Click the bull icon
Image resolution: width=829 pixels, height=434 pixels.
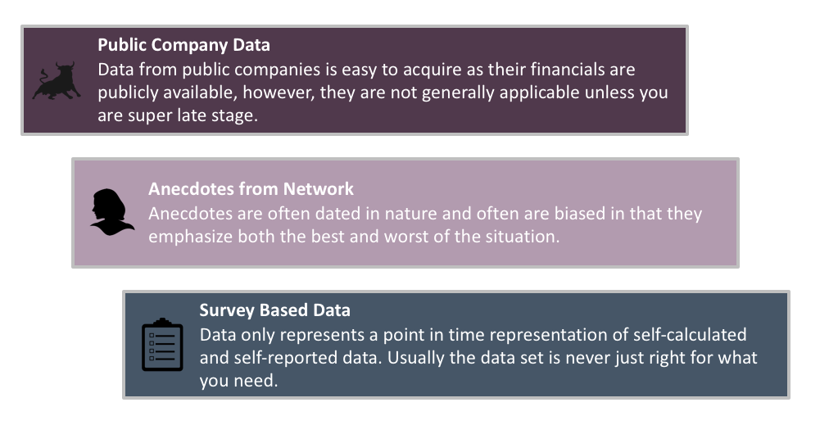[x=57, y=81]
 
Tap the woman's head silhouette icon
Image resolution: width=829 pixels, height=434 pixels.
[x=111, y=212]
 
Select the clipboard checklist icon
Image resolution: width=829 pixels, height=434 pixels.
[x=162, y=344]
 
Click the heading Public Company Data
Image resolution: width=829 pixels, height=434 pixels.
[x=184, y=45]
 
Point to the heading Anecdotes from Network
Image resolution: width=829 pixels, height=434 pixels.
[x=251, y=188]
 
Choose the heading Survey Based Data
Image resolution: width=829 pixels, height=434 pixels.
[x=275, y=310]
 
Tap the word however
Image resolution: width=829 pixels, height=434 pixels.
[x=278, y=93]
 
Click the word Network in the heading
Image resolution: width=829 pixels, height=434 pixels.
[x=319, y=188]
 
